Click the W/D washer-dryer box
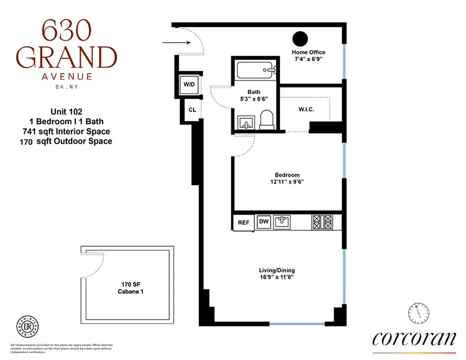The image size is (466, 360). point(188,84)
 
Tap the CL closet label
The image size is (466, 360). point(192,110)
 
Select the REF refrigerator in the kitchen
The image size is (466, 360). point(244,222)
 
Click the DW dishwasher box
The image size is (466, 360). point(264,222)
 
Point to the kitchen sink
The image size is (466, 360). point(282,221)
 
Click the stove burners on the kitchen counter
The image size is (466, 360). point(322,221)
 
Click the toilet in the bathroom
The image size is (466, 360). point(267,120)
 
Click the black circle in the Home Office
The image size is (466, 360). point(299,39)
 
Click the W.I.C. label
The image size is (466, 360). point(306,109)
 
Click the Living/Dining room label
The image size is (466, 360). point(276,270)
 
